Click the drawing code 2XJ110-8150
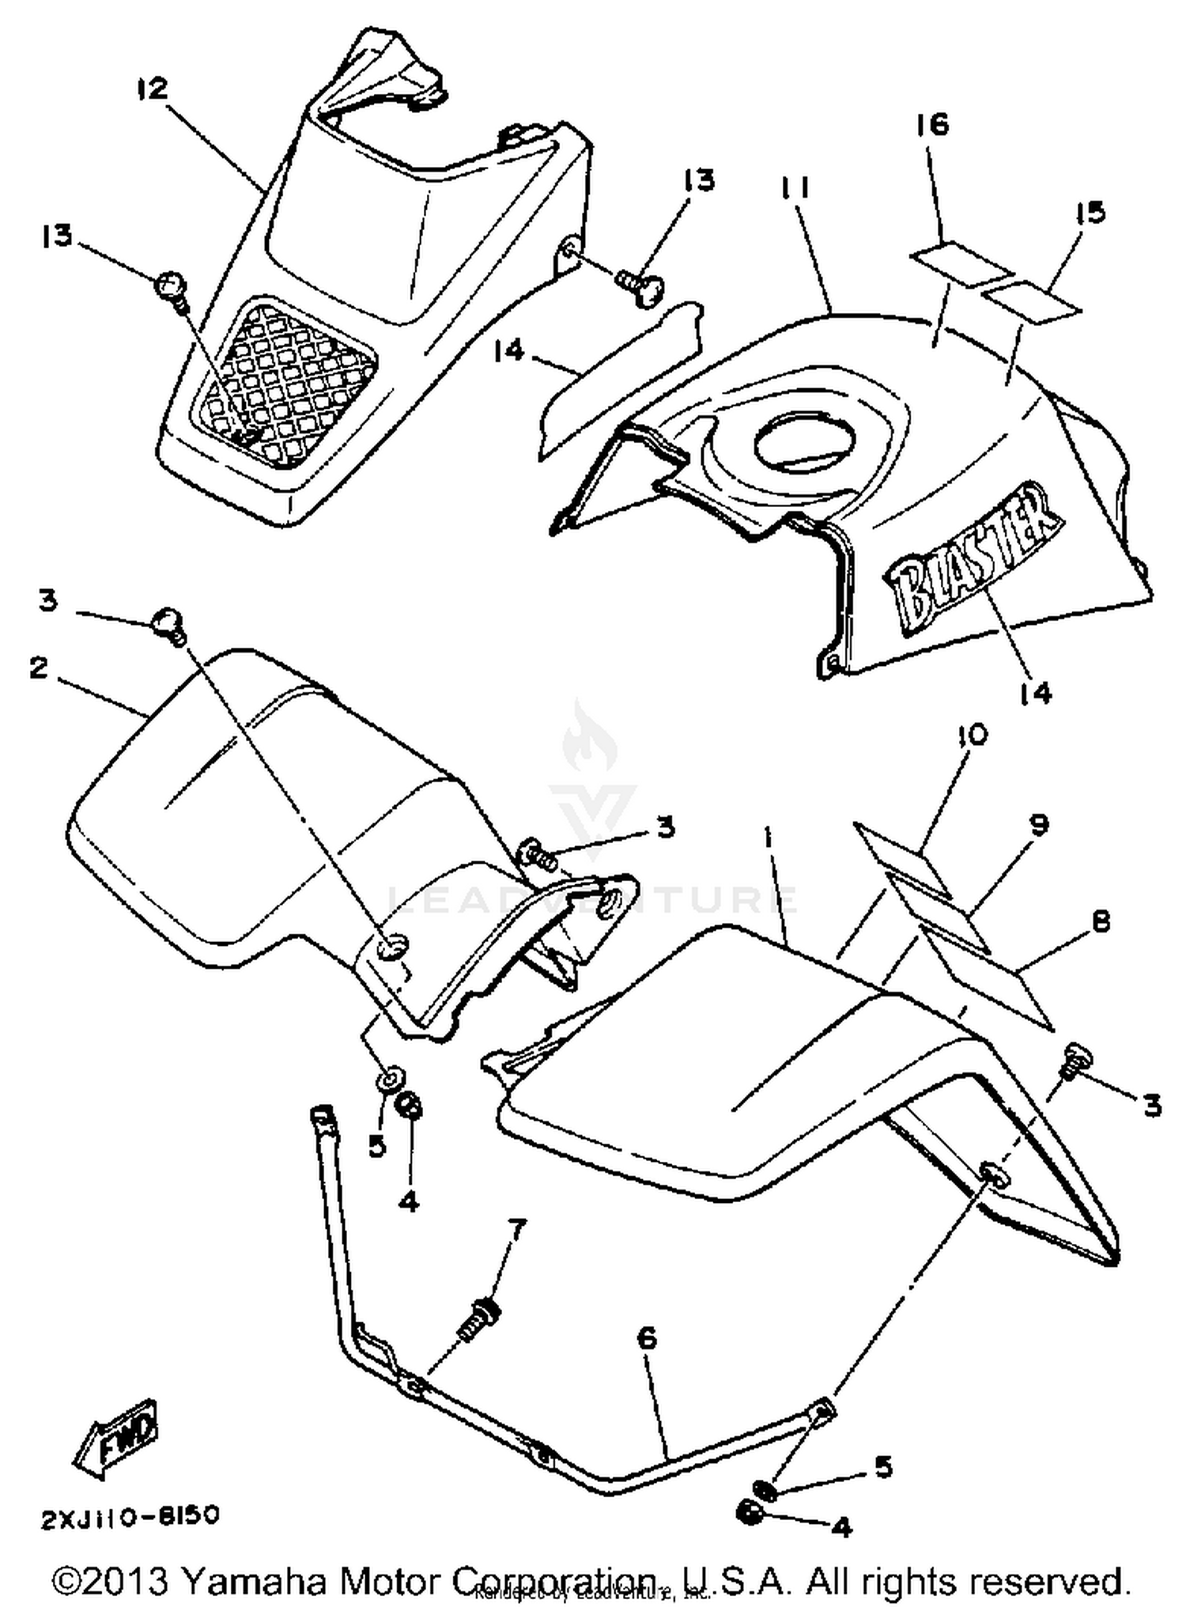click(x=130, y=1517)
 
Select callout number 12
click(x=152, y=88)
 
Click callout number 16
click(x=932, y=125)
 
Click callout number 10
click(x=972, y=736)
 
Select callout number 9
click(x=1038, y=825)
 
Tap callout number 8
click(x=1099, y=921)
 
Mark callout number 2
click(x=38, y=668)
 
